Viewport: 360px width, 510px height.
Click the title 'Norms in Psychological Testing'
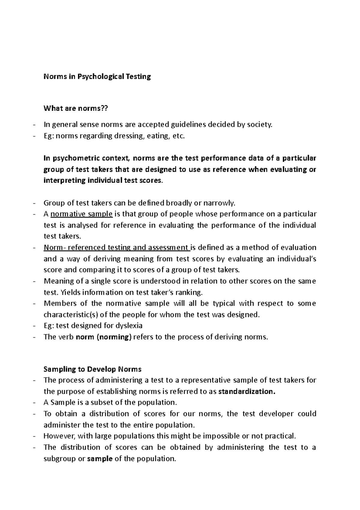click(x=97, y=77)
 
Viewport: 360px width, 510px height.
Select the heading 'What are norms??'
click(x=75, y=108)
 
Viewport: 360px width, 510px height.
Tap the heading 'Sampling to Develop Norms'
click(x=92, y=369)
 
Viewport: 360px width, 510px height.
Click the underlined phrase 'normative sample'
click(x=82, y=214)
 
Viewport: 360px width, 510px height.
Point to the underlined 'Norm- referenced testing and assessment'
click(x=116, y=247)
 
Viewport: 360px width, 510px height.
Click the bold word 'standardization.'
click(x=247, y=391)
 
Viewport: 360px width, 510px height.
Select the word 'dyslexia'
click(x=129, y=326)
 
